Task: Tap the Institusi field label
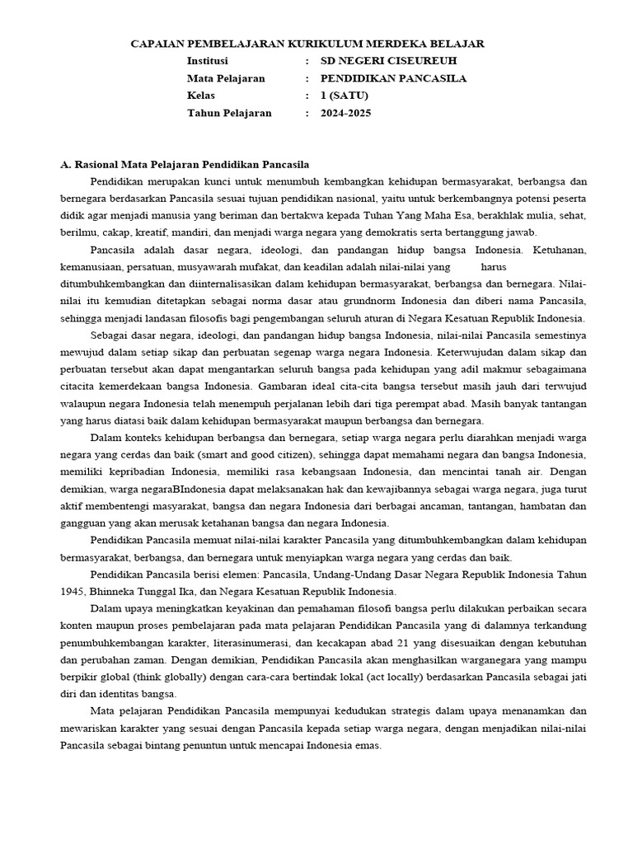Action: pyautogui.click(x=209, y=61)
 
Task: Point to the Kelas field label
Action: pyautogui.click(x=201, y=96)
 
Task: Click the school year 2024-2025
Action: pyautogui.click(x=346, y=113)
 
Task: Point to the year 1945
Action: pyautogui.click(x=73, y=592)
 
